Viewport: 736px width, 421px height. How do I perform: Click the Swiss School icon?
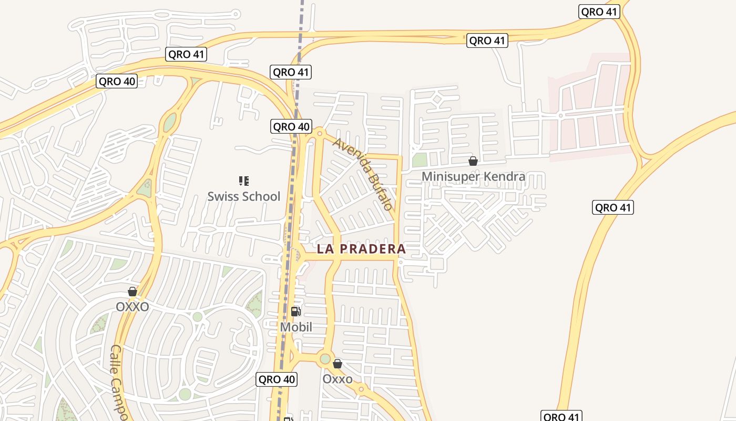[x=243, y=181]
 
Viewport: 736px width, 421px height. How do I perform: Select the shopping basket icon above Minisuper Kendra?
[x=473, y=161]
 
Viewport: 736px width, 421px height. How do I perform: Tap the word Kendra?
[x=507, y=176]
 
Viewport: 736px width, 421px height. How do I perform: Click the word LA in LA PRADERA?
[x=324, y=249]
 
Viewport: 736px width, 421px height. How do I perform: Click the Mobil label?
[x=296, y=327]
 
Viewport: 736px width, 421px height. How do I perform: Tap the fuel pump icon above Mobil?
[x=296, y=312]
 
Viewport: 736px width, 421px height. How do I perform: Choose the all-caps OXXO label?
[x=132, y=307]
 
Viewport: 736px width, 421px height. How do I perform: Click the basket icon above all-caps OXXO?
[x=132, y=292]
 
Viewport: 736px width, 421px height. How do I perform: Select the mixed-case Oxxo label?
[x=338, y=379]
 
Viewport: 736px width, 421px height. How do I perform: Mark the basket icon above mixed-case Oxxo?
[x=338, y=364]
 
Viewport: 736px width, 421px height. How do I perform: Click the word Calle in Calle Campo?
[x=116, y=360]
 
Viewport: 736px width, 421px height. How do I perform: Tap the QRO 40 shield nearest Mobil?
[x=277, y=379]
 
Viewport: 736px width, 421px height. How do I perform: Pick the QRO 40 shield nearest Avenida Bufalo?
[x=291, y=126]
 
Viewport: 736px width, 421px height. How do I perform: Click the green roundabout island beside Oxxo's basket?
[x=325, y=359]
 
